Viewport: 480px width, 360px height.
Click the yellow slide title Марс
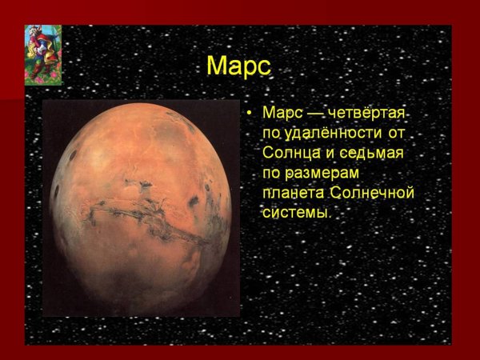[238, 66]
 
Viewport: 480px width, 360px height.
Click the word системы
[295, 213]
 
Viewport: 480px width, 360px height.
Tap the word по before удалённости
[271, 133]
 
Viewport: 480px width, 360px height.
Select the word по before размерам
[271, 173]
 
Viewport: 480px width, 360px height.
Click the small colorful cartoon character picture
[43, 54]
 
